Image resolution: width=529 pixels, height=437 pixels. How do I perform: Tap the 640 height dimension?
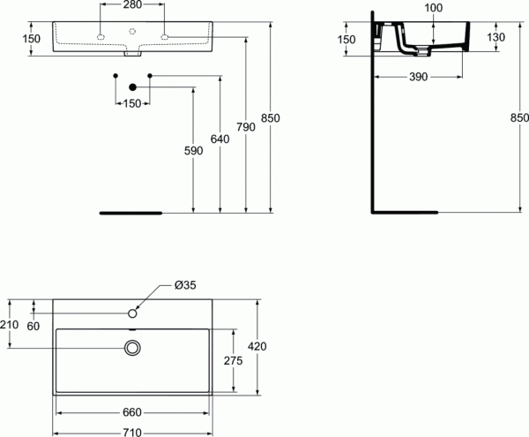220,139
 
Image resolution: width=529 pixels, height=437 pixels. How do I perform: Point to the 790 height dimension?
247,127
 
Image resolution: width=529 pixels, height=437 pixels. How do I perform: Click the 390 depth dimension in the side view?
418,78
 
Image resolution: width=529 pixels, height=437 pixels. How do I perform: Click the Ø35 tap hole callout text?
185,284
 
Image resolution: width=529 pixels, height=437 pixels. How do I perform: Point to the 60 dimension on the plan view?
34,327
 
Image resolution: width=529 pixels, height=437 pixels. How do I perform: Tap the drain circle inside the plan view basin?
133,348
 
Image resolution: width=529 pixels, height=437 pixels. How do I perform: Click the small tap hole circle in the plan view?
133,313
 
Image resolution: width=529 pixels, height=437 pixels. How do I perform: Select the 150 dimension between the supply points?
132,104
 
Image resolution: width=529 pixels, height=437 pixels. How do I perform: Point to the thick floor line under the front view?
131,213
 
